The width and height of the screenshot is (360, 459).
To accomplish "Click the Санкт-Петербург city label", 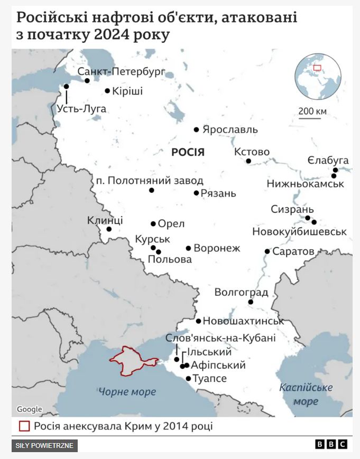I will pyautogui.click(x=122, y=71).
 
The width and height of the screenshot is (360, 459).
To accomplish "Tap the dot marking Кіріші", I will pyautogui.click(x=107, y=91).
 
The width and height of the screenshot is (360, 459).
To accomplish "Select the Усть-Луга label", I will pyautogui.click(x=82, y=109).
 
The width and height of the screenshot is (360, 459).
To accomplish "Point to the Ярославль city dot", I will pyautogui.click(x=196, y=129).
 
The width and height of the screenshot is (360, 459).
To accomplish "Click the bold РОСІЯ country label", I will pyautogui.click(x=188, y=153).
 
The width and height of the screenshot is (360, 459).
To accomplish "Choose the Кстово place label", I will pyautogui.click(x=252, y=152).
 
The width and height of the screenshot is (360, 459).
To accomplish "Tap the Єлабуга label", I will pyautogui.click(x=328, y=160).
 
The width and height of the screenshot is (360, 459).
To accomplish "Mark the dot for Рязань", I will pyautogui.click(x=196, y=193).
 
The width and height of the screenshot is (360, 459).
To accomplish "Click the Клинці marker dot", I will pyautogui.click(x=109, y=229).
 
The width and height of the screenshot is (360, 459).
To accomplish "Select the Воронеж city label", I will pyautogui.click(x=217, y=248).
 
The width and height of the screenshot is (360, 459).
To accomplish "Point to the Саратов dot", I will pyautogui.click(x=267, y=251).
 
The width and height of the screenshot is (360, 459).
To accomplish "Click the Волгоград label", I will pyautogui.click(x=241, y=293).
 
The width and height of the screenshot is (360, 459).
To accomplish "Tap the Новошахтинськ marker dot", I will pyautogui.click(x=198, y=321).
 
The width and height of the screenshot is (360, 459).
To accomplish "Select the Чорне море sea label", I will pyautogui.click(x=127, y=392).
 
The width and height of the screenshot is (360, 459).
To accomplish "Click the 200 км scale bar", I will pyautogui.click(x=312, y=118).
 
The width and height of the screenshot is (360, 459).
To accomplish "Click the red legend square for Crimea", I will pyautogui.click(x=24, y=426).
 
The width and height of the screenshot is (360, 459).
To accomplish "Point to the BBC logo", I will pyautogui.click(x=331, y=444).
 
